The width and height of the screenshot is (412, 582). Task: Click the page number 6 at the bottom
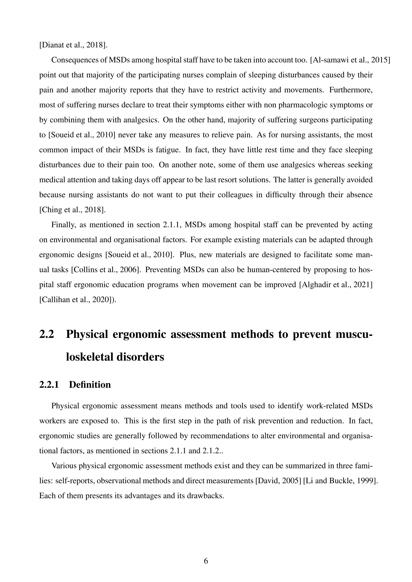pyautogui.click(x=206, y=561)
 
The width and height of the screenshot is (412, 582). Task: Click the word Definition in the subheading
pyautogui.click(x=90, y=384)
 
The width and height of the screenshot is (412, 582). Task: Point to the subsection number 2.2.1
pyautogui.click(x=49, y=384)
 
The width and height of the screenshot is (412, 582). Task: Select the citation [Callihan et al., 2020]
pyautogui.click(x=77, y=299)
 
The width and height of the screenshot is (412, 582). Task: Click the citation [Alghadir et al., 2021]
pyautogui.click(x=336, y=284)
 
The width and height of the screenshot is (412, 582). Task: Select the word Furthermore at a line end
pyautogui.click(x=351, y=90)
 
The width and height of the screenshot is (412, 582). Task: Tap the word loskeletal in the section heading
pyautogui.click(x=115, y=357)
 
